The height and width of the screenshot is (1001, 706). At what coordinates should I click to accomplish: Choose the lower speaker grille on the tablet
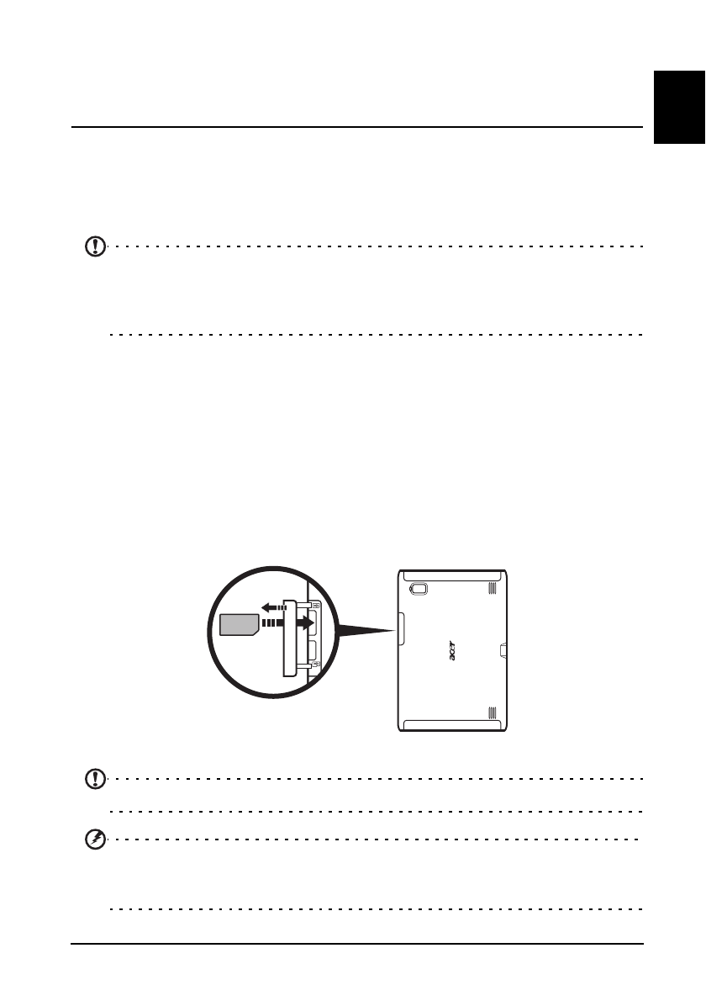click(491, 714)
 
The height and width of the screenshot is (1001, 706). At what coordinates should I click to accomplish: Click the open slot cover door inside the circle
click(288, 637)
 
